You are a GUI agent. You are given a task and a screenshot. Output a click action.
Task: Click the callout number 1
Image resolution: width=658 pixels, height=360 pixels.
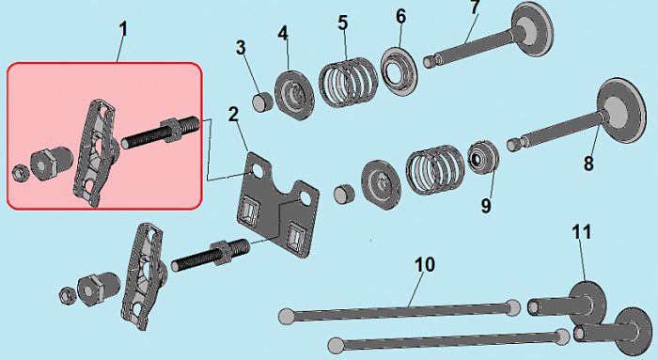pyautogui.click(x=122, y=29)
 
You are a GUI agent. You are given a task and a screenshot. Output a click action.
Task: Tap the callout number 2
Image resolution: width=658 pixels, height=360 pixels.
pyautogui.click(x=233, y=114)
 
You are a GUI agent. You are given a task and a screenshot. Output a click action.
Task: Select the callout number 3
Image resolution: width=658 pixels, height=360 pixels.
pyautogui.click(x=241, y=47)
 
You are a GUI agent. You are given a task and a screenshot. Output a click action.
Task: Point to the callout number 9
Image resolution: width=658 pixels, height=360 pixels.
pyautogui.click(x=486, y=206)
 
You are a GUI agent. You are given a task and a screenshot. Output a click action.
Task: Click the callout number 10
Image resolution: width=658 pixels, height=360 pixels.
pyautogui.click(x=425, y=265)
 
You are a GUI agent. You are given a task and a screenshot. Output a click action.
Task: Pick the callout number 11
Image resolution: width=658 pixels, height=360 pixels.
pyautogui.click(x=582, y=232)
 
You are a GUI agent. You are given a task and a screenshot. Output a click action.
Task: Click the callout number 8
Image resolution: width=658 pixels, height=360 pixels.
pyautogui.click(x=588, y=164)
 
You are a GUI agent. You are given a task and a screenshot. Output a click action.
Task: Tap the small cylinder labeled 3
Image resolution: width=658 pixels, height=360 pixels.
pyautogui.click(x=262, y=102)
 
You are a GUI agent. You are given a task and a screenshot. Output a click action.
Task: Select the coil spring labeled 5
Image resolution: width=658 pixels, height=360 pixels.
pyautogui.click(x=349, y=82)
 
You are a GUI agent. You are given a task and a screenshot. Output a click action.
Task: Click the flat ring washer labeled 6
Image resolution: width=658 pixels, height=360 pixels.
pyautogui.click(x=399, y=72)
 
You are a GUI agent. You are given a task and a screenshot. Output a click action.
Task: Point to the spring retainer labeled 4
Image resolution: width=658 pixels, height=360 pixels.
pyautogui.click(x=294, y=96)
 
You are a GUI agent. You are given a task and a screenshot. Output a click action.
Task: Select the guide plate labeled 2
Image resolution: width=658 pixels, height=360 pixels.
pyautogui.click(x=278, y=204)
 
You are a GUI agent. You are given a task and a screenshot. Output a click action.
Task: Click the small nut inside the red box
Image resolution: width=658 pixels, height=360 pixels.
pyautogui.click(x=19, y=172)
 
